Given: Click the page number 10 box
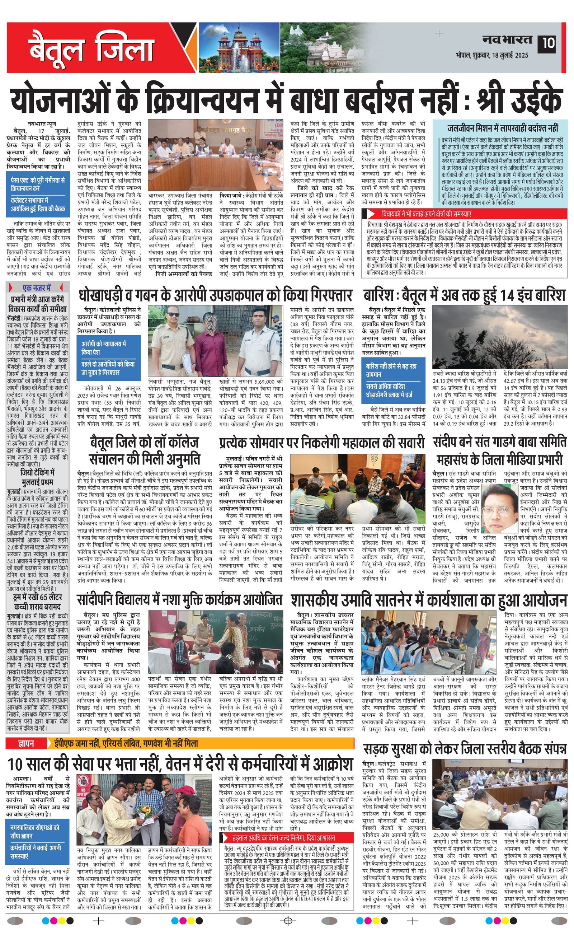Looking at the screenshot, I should [548, 42].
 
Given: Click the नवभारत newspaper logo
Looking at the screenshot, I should [507, 39].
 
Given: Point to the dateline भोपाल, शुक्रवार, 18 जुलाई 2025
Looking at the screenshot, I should [491, 55].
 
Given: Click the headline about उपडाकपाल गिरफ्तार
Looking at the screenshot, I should [216, 295].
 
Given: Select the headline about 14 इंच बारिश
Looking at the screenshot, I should [464, 295].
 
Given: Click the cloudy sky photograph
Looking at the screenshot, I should [499, 337].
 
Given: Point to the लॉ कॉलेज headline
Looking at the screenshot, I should [144, 450].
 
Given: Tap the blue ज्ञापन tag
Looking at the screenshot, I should [26, 743].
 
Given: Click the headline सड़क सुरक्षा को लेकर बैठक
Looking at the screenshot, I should [465, 749].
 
